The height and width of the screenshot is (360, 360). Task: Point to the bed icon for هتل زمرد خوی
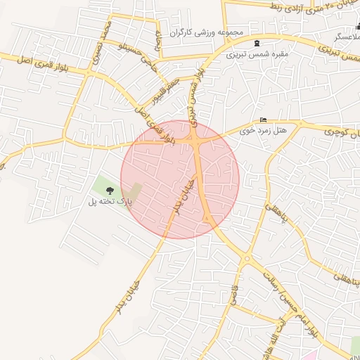click(x=264, y=120)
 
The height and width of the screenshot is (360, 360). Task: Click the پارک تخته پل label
click(x=110, y=202)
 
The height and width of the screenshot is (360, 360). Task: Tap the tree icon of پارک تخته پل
click(x=108, y=190)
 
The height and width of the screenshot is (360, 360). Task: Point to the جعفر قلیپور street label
click(x=168, y=92)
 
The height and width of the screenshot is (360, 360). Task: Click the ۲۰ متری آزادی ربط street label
click(x=295, y=9)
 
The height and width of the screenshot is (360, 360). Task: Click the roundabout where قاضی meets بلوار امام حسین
click(x=246, y=261)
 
